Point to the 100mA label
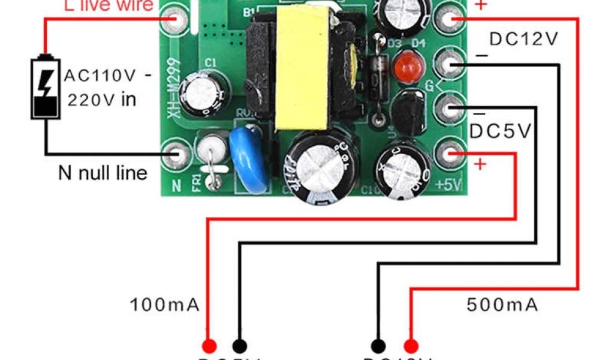coord(165,305)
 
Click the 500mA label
coord(502,305)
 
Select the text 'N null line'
coord(103,173)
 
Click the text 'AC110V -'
coord(108,76)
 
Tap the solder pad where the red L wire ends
coord(178,19)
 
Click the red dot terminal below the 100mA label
coord(209,346)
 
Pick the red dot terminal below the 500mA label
coord(411,346)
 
